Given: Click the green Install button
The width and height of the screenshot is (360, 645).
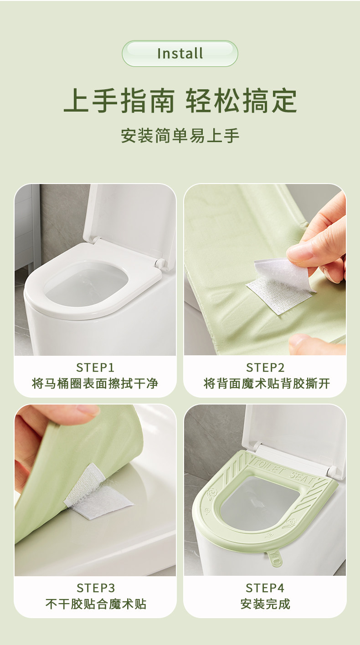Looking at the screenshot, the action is coord(180,54).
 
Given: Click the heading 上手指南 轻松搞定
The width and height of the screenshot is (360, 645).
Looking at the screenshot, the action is coord(180,101).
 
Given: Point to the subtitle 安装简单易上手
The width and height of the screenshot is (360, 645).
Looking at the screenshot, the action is coord(180,136).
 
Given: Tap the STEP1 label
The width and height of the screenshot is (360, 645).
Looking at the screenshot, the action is coord(95,368).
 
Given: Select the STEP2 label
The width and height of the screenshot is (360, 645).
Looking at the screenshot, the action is coord(265,368).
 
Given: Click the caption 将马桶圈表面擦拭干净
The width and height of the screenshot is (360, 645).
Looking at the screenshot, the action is coord(95,384).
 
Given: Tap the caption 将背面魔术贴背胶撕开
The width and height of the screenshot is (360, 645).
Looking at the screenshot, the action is coord(267,384).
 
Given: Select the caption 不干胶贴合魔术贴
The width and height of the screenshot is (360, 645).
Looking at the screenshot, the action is coord(96,604).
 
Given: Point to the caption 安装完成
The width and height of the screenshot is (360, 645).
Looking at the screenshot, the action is coord(265,604).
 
